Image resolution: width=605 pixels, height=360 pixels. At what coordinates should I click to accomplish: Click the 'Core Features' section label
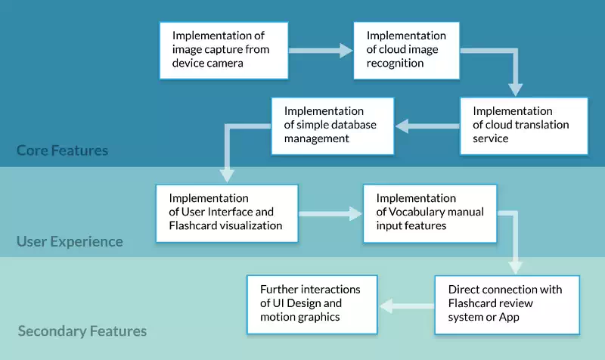62,151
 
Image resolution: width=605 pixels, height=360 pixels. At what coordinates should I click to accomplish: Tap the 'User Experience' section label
70,241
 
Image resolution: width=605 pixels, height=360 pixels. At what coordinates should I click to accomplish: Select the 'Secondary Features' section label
82,331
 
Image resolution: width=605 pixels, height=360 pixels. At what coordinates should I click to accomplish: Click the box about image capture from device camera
224,51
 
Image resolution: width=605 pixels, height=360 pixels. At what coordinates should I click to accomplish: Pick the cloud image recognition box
407,51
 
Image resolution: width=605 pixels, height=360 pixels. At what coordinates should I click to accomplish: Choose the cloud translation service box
524,126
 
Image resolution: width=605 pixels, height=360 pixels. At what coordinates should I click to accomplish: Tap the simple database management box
333,126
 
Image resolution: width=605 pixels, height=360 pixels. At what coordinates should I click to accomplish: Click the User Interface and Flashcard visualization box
227,213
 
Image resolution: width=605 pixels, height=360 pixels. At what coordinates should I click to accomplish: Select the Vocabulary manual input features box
430,213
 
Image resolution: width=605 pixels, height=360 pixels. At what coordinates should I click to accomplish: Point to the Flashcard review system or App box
507,305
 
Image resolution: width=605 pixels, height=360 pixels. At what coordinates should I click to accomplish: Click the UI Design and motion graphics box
312,305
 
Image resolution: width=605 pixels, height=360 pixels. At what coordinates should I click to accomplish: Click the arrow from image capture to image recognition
321,51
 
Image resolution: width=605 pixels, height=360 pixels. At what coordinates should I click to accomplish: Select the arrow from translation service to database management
427,126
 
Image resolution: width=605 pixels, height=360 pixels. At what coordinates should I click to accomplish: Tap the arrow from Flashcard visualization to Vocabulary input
330,213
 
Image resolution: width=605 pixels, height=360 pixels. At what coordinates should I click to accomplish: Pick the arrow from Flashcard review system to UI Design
407,306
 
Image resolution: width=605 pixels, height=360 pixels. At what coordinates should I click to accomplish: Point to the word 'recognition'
395,64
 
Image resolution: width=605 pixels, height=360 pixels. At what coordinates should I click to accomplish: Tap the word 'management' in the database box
316,139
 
